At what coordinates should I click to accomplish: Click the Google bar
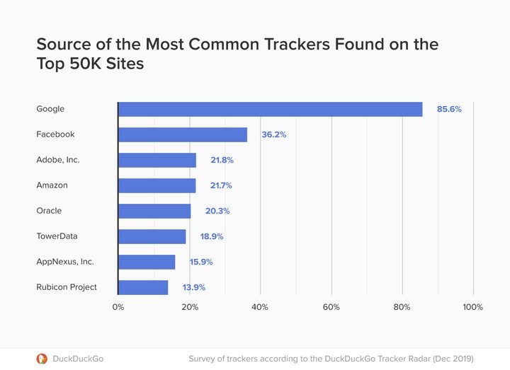tap(270, 109)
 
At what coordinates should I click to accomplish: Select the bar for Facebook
tap(183, 134)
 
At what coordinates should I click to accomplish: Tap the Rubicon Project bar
tap(143, 287)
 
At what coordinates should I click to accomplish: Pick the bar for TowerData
tap(152, 236)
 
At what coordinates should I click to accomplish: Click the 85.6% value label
tap(449, 109)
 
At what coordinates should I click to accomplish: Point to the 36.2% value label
tap(273, 134)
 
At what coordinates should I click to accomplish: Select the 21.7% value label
tap(221, 185)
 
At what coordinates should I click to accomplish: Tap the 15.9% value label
tap(200, 262)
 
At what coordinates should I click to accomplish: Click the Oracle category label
tap(49, 211)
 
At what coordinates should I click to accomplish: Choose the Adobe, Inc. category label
tap(58, 160)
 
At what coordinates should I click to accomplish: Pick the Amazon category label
tap(51, 185)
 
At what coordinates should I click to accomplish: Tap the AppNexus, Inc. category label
tap(65, 262)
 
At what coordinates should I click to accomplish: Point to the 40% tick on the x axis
tap(260, 307)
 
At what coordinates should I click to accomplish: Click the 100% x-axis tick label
tap(472, 307)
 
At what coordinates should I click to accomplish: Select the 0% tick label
tap(118, 307)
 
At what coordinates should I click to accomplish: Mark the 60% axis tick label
tap(331, 307)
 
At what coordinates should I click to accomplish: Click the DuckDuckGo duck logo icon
tap(42, 359)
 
